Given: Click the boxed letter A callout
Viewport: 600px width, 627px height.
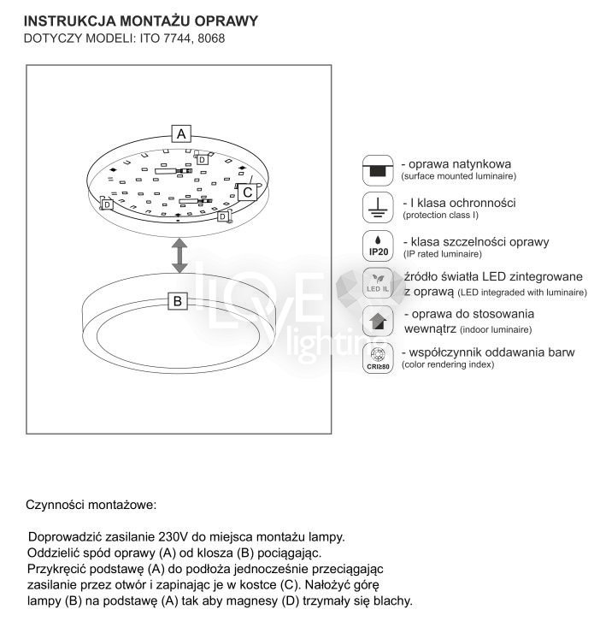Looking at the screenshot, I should pos(181,133).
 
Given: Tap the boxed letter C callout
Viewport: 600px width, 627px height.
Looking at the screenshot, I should pos(247,192).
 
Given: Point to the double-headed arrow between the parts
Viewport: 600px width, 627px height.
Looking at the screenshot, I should pos(179,255).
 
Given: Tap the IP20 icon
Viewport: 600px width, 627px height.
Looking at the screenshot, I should pos(378,246).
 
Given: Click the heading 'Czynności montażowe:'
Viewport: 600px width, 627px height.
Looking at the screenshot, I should pos(91,505).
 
